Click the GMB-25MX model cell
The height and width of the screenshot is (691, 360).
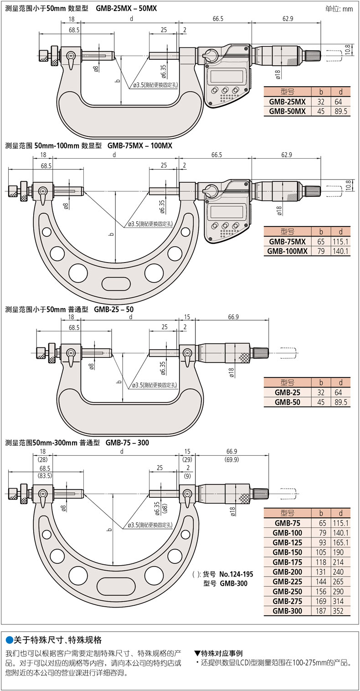click(287, 101)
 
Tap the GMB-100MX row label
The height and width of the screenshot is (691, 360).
click(287, 251)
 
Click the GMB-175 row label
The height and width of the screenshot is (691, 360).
click(287, 562)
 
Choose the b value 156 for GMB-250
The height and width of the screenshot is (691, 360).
click(321, 591)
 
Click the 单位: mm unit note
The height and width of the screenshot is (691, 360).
click(339, 9)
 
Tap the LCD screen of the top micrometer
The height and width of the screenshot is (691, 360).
click(225, 76)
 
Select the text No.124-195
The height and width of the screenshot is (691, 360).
click(236, 574)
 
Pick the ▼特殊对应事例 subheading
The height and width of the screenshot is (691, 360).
click(218, 653)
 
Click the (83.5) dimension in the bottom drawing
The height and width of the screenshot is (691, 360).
click(44, 475)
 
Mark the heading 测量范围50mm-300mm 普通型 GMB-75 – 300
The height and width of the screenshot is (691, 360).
click(77, 443)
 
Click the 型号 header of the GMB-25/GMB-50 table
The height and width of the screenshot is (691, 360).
click(287, 382)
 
